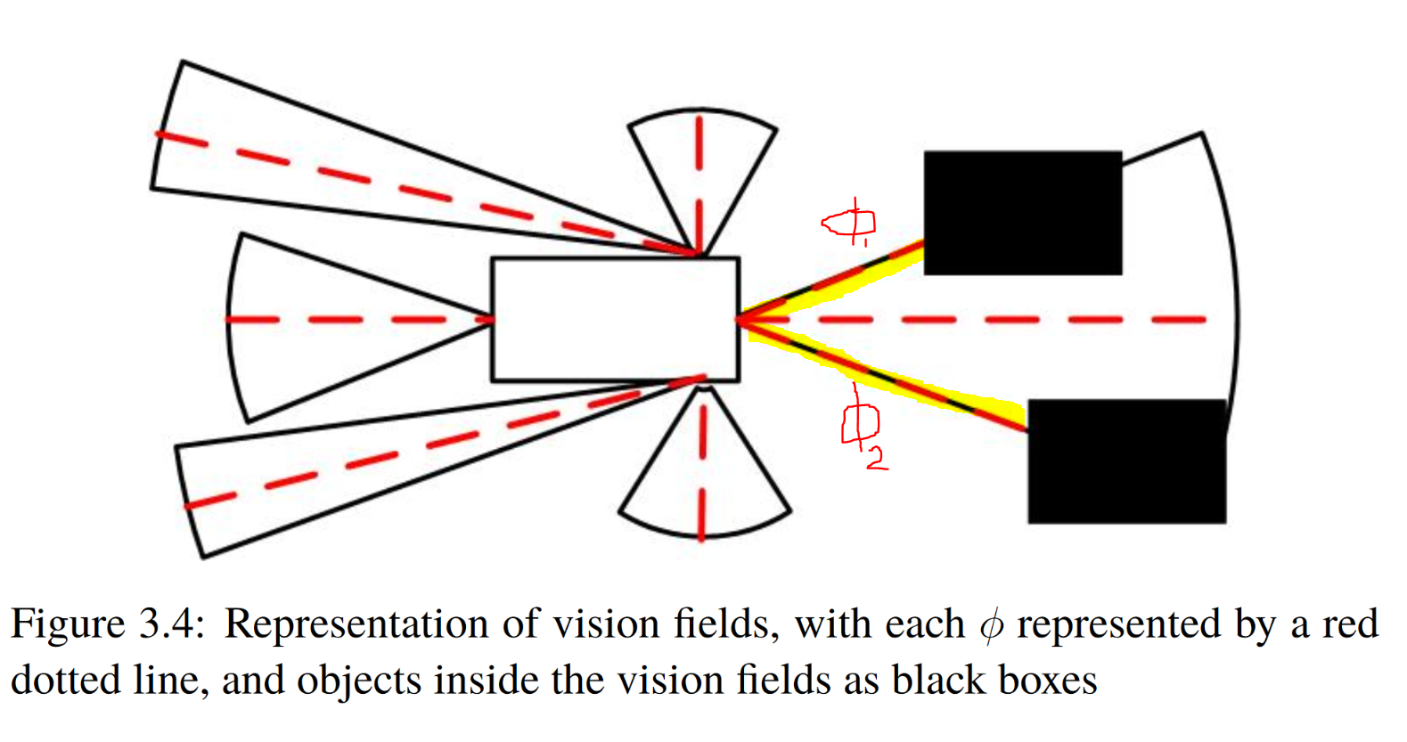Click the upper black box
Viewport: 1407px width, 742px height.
1022,212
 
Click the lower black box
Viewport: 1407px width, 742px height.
1126,461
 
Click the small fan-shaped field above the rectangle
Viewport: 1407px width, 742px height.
701,169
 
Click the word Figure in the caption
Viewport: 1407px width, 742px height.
67,624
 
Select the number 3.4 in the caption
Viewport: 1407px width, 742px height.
170,624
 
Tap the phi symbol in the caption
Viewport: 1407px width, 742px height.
990,625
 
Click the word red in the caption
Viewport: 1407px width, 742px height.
1350,624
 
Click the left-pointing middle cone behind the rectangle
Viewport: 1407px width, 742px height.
339,325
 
